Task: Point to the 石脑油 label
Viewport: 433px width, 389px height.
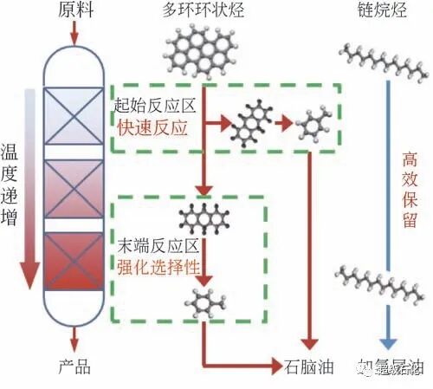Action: (x=303, y=366)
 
